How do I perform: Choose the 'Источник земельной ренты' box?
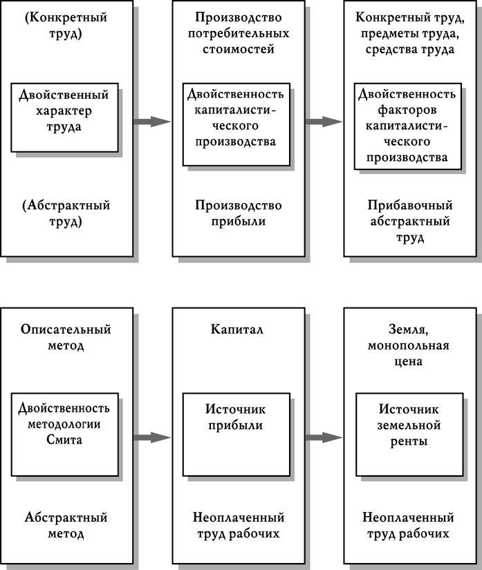click(407, 433)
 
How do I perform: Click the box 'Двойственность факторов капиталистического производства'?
click(407, 124)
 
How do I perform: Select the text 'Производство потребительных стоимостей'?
click(237, 34)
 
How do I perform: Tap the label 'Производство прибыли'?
click(238, 213)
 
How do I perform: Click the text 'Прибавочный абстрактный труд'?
click(410, 222)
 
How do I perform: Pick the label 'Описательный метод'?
click(66, 338)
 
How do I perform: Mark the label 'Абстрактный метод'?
click(66, 526)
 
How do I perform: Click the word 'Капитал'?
click(237, 330)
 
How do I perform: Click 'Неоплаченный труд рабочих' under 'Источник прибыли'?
click(238, 526)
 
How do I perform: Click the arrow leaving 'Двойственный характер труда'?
click(152, 122)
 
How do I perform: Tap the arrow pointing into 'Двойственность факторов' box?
click(324, 122)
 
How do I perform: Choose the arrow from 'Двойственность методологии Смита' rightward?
click(152, 437)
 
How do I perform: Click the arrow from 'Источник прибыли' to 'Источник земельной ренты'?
click(324, 437)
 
